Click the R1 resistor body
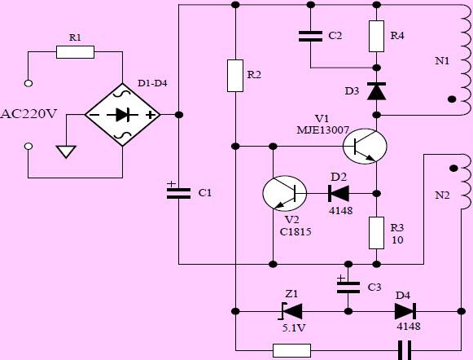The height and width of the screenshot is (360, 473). click(75, 52)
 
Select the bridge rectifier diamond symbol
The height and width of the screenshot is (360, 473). click(122, 115)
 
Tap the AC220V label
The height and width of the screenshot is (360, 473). click(28, 114)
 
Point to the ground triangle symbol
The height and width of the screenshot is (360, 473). click(66, 151)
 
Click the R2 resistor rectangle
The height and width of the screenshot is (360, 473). click(235, 76)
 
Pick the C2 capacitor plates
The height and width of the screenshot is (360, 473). click(310, 36)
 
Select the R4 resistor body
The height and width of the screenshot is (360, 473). click(376, 36)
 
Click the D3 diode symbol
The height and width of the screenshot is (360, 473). click(376, 91)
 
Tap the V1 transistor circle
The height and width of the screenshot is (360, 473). click(365, 147)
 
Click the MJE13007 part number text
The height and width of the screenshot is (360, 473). click(323, 130)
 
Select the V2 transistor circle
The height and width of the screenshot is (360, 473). click(285, 193)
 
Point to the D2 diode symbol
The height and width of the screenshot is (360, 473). click(339, 193)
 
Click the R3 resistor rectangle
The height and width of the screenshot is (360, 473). click(376, 233)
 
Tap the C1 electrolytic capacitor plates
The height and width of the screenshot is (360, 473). click(178, 193)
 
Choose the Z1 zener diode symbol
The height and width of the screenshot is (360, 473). click(291, 311)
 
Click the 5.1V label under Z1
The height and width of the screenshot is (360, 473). click(294, 327)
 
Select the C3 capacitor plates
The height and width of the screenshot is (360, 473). click(348, 288)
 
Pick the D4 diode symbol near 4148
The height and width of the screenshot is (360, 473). click(405, 311)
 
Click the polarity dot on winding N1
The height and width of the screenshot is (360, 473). click(452, 99)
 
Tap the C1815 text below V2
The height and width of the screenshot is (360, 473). click(296, 232)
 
